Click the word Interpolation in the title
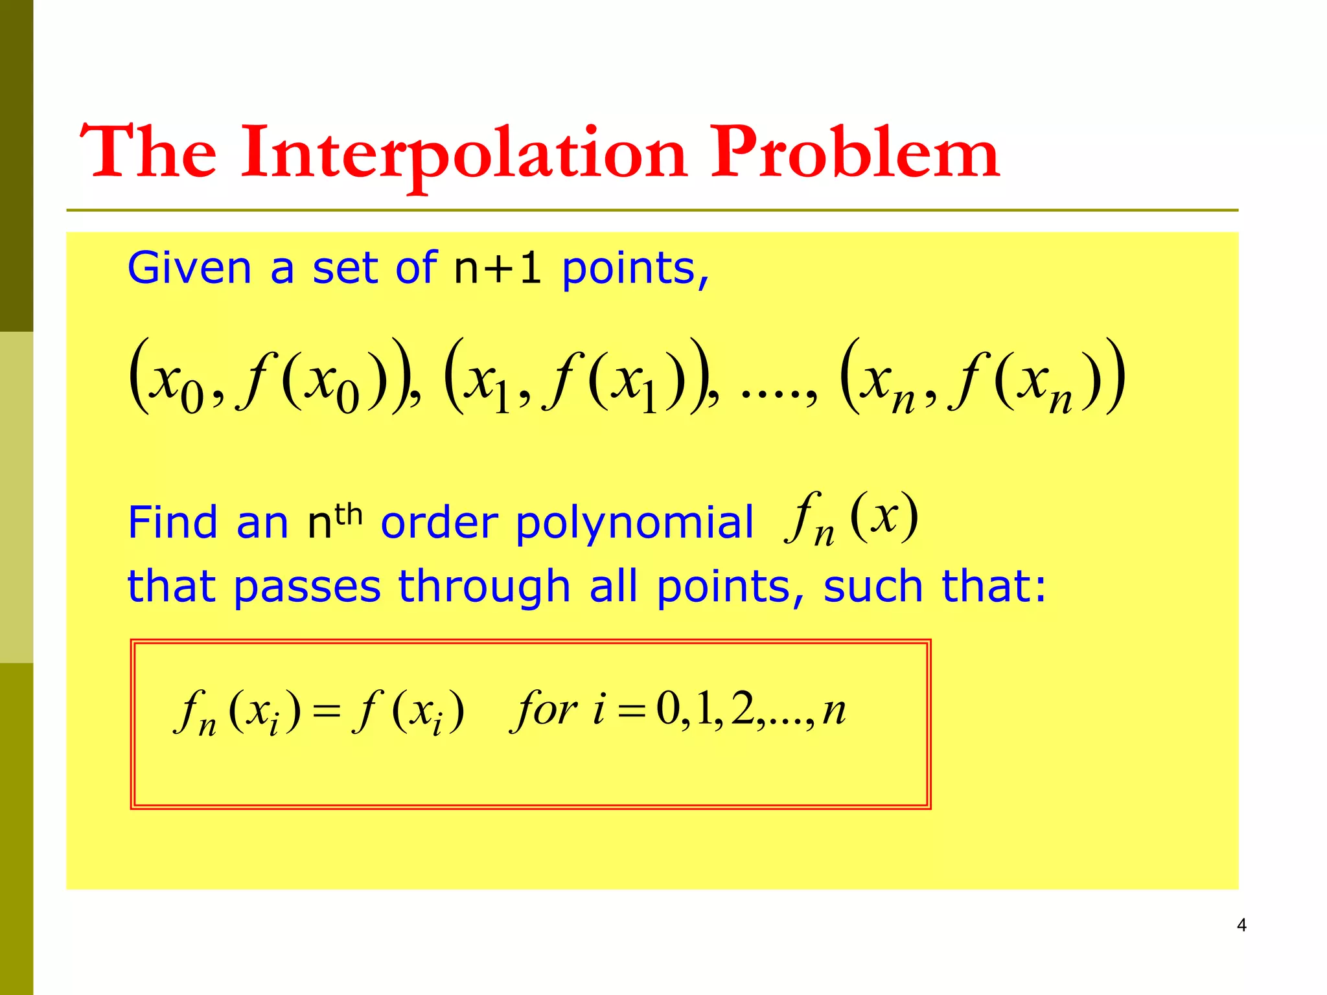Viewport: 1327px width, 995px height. coord(463,153)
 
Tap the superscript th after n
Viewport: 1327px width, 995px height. coord(348,514)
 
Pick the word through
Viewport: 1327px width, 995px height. coord(484,586)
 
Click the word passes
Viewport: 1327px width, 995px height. coord(307,588)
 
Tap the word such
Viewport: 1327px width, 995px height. coord(873,586)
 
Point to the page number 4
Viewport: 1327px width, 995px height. coord(1241,925)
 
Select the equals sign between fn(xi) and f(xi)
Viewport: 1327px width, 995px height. coord(327,711)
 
